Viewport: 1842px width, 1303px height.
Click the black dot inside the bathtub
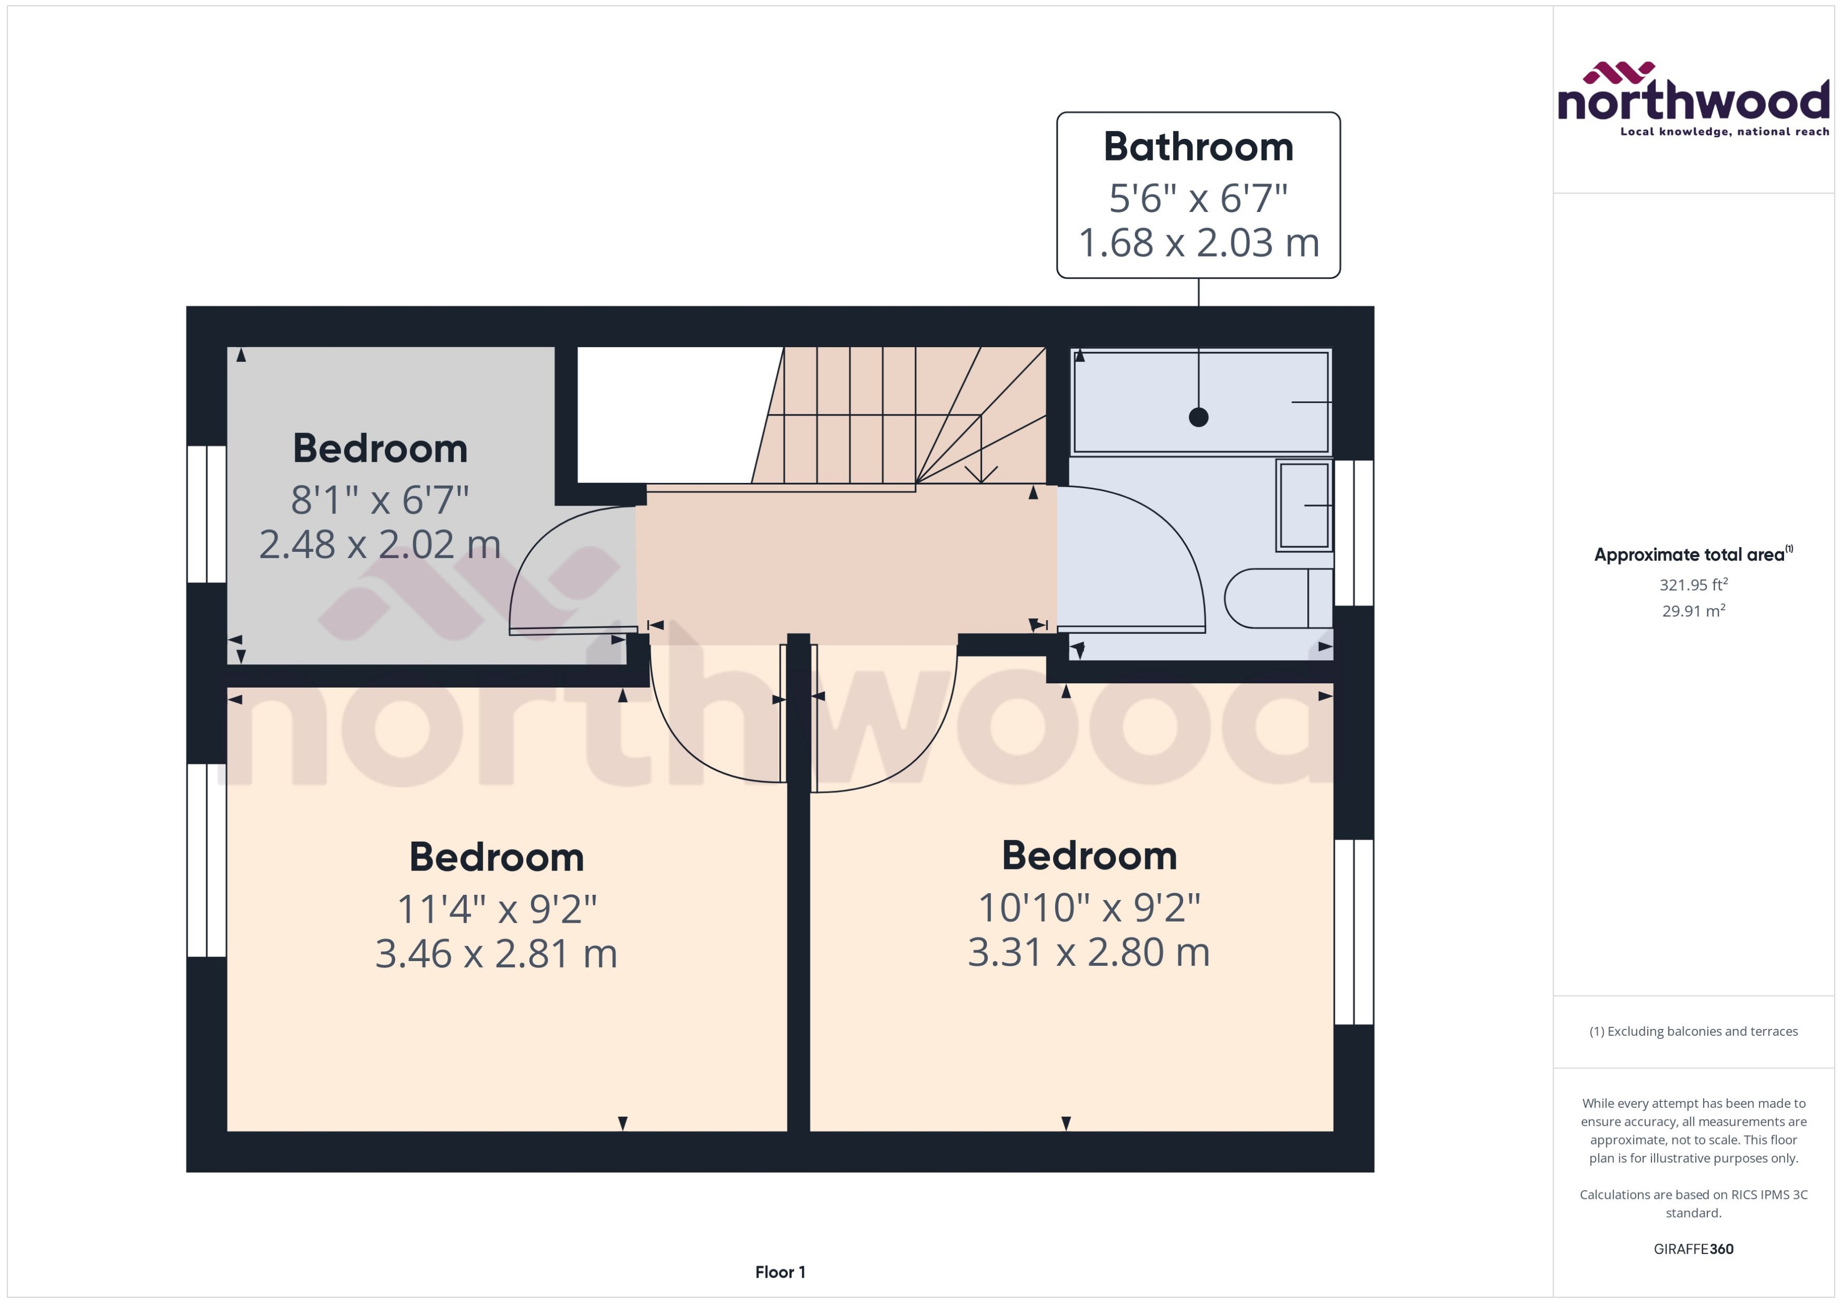click(x=1198, y=417)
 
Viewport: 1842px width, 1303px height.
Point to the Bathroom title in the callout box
click(x=1198, y=147)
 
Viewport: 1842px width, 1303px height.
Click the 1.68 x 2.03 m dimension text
click(x=1198, y=243)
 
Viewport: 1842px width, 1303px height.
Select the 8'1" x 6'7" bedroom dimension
click(x=379, y=500)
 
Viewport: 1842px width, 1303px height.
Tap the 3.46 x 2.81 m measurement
click(x=496, y=953)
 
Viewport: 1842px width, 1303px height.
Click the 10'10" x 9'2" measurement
click(x=1089, y=907)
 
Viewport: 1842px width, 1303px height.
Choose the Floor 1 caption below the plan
click(x=779, y=1272)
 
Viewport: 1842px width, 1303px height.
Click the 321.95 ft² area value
click(x=1694, y=585)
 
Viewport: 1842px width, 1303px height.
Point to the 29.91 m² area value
click(x=1694, y=611)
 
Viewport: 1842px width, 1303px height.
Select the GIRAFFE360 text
click(x=1694, y=1248)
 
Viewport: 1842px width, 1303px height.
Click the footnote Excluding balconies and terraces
click(x=1694, y=1031)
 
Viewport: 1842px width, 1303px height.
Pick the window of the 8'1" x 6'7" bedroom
click(x=206, y=513)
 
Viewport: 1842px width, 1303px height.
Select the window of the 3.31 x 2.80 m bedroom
click(x=1354, y=932)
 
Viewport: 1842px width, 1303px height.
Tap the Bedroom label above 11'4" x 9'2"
click(x=496, y=857)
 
